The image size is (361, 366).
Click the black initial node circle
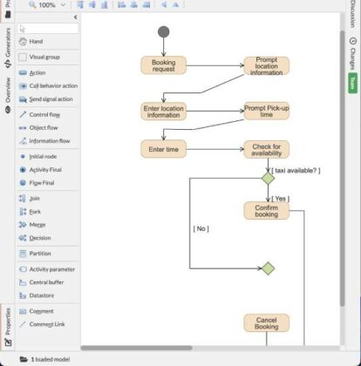[x=163, y=32]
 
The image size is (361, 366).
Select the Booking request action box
[x=163, y=65]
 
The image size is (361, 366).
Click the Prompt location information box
[x=266, y=66]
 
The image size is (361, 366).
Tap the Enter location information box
[x=163, y=111]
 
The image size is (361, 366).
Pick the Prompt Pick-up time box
[x=266, y=111]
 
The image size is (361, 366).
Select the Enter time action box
[x=163, y=150]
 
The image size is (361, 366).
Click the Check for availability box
[x=266, y=150]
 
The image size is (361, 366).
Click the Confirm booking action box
[x=266, y=210]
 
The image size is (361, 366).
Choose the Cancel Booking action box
[x=266, y=322]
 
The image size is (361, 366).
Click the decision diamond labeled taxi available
[x=268, y=178]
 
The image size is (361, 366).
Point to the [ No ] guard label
[x=201, y=228]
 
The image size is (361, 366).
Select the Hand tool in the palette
[x=36, y=41]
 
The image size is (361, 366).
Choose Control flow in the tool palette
[x=44, y=114]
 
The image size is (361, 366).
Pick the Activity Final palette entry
[x=45, y=169]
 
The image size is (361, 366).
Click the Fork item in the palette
[x=35, y=211]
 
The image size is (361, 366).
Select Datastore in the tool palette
[x=42, y=295]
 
